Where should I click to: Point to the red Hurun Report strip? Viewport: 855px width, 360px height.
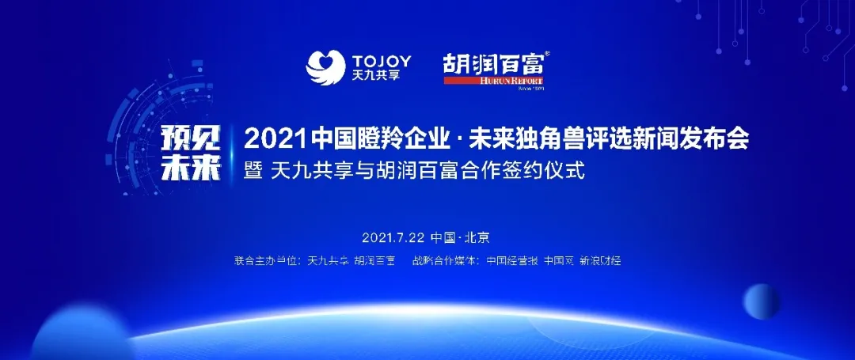click(x=494, y=81)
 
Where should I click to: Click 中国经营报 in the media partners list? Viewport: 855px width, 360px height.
click(x=512, y=260)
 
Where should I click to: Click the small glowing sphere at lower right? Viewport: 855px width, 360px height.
click(x=761, y=302)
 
